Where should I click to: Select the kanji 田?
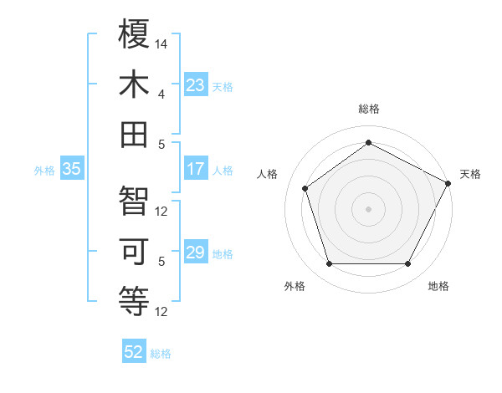(135, 135)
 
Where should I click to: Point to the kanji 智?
(135, 201)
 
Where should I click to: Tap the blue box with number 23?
(196, 85)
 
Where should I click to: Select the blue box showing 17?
(196, 169)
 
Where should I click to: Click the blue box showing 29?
(196, 253)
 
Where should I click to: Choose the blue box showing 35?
(72, 169)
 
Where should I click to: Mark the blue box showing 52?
(134, 352)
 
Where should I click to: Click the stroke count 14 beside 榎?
(162, 42)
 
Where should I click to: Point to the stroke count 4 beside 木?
(162, 94)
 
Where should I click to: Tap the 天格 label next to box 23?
(223, 86)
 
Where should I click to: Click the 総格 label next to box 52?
(161, 353)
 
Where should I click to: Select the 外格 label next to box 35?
(44, 170)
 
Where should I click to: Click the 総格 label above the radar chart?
(369, 109)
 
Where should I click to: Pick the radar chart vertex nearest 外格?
(329, 264)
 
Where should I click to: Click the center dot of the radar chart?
(369, 208)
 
